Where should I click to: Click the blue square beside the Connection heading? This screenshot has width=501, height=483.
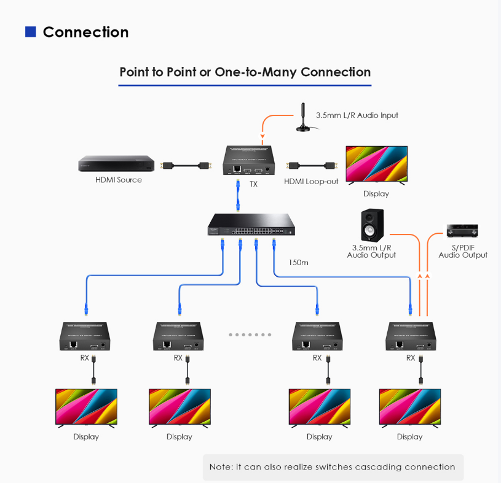coord(30,32)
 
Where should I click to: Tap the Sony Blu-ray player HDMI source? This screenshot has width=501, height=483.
coord(116,164)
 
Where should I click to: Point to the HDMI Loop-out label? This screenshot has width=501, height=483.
coord(311,181)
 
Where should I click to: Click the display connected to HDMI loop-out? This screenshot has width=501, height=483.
coord(376,164)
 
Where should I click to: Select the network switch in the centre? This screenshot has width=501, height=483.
coord(251,224)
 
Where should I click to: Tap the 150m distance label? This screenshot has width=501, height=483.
coord(298,262)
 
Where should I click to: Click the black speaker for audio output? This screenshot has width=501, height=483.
coord(371,226)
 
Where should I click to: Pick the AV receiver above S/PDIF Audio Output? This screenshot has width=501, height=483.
coord(462,231)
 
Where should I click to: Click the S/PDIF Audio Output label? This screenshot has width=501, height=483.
coord(463,251)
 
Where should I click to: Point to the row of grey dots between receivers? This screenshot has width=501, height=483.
coord(250,334)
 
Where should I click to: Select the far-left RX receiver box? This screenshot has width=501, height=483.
coord(85,336)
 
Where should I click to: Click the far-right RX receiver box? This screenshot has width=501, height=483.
coord(411,336)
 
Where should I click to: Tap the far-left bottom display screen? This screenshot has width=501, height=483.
coord(86,406)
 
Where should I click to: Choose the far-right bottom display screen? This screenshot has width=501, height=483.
coord(409,406)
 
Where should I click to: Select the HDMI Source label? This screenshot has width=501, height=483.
coord(119,180)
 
